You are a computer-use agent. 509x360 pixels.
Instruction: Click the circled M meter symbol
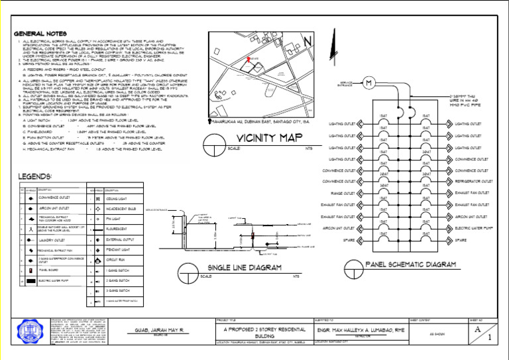[x=370, y=82]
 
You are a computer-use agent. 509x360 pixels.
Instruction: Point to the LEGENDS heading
[x=32, y=176]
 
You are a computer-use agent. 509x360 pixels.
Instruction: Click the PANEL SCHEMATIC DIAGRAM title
[x=411, y=265]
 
